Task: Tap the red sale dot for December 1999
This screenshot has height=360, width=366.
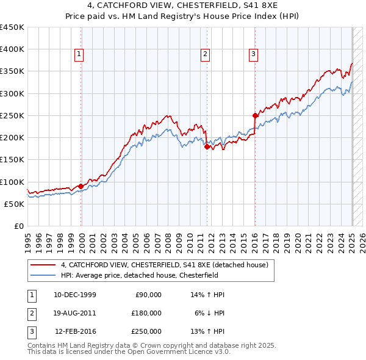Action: [81, 186]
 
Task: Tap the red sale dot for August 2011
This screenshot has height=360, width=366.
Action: [207, 146]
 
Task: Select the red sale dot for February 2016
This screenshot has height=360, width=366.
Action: [256, 115]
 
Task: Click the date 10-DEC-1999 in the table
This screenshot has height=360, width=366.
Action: [74, 295]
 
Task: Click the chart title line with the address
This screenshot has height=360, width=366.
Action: [183, 7]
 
